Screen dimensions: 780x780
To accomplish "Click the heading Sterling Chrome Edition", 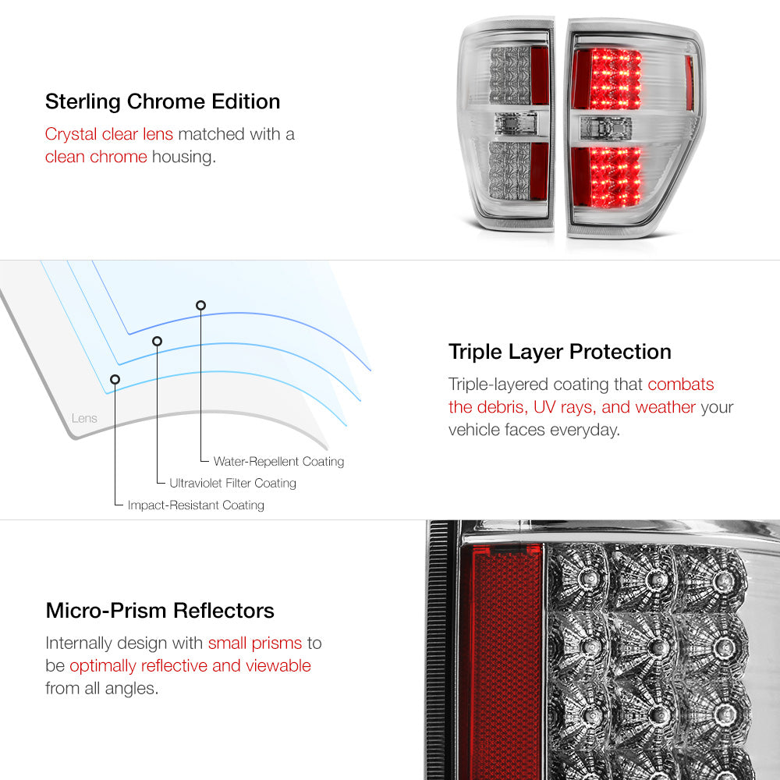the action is point(163,101).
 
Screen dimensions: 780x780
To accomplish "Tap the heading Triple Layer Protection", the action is point(559,352).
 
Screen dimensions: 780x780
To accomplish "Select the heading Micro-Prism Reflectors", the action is point(160,611).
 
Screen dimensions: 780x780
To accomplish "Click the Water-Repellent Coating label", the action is point(278,461).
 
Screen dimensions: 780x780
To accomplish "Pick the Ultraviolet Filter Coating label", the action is point(232,483).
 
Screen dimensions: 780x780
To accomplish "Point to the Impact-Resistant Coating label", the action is point(196,505).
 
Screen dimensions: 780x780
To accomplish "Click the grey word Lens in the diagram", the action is point(84,418).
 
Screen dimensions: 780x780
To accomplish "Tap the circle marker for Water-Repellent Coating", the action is point(201,305).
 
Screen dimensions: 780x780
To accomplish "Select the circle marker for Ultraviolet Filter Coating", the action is point(158,341).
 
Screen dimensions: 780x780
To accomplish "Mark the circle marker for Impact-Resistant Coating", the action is point(115,380).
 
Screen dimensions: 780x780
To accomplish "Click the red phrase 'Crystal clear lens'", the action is point(109,134).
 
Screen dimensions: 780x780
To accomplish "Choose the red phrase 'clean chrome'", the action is point(96,157).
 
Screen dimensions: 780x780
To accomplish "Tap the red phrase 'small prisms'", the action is point(255,643).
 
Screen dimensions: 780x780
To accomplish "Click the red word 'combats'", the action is point(680,384).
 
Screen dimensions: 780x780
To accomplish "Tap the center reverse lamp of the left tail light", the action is point(516,124).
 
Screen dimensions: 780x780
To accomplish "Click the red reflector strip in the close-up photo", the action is point(505,661).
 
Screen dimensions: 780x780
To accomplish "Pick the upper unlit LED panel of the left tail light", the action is point(510,75).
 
